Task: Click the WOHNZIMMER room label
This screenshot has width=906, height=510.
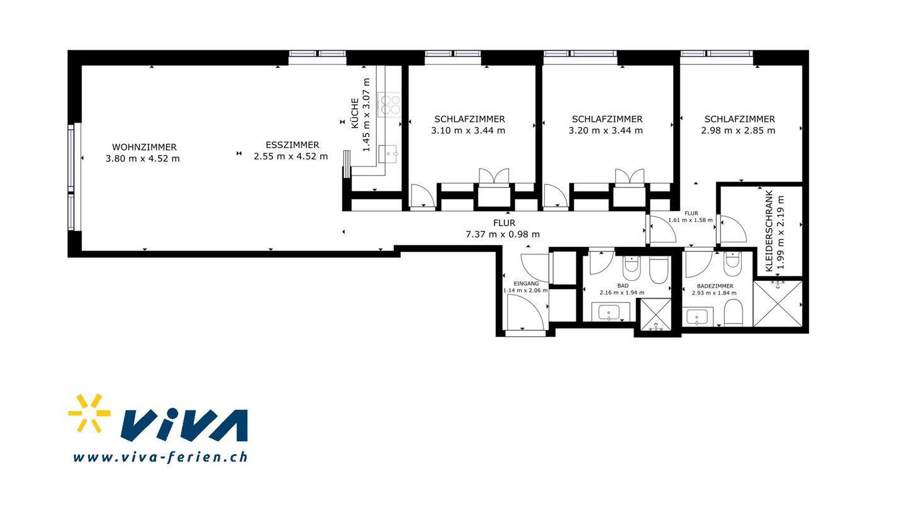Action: (x=145, y=147)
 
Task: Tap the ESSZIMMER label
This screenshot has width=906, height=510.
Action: (x=293, y=145)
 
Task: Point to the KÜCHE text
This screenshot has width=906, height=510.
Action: (x=355, y=113)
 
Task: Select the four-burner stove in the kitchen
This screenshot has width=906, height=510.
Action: (x=389, y=104)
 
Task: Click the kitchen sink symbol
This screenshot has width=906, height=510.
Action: (x=388, y=154)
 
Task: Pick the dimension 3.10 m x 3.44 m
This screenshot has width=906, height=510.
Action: (x=468, y=130)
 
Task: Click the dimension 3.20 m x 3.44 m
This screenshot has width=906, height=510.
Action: (x=605, y=130)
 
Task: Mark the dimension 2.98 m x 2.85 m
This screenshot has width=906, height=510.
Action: (x=738, y=130)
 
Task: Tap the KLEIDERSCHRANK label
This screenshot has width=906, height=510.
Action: (x=769, y=230)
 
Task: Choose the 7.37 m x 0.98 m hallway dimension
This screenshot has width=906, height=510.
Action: (x=503, y=234)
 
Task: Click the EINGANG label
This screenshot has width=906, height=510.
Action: (x=526, y=283)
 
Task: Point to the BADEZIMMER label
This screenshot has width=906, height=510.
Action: (x=715, y=286)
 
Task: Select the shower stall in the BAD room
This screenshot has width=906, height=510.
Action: (x=654, y=315)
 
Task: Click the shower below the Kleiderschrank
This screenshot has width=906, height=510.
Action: (x=778, y=303)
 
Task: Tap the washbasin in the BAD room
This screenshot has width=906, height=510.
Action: (x=611, y=312)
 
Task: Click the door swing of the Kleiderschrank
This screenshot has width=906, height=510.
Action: (x=733, y=229)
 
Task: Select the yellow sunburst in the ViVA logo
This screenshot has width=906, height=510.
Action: (x=89, y=413)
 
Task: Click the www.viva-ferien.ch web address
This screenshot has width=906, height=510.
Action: (x=160, y=457)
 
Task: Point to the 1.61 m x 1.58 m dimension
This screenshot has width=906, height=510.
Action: (x=690, y=220)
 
